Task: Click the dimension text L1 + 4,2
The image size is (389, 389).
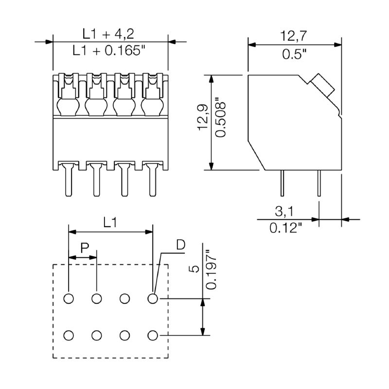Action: [108, 34]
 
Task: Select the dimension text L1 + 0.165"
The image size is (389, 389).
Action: [108, 51]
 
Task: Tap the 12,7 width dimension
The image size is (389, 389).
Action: [294, 35]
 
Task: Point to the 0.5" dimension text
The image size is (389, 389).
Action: [294, 54]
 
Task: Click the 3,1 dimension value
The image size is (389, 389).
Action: [284, 212]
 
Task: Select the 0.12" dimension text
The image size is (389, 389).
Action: [286, 228]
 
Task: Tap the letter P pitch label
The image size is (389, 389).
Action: [85, 248]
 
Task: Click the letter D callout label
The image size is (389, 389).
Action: [180, 245]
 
